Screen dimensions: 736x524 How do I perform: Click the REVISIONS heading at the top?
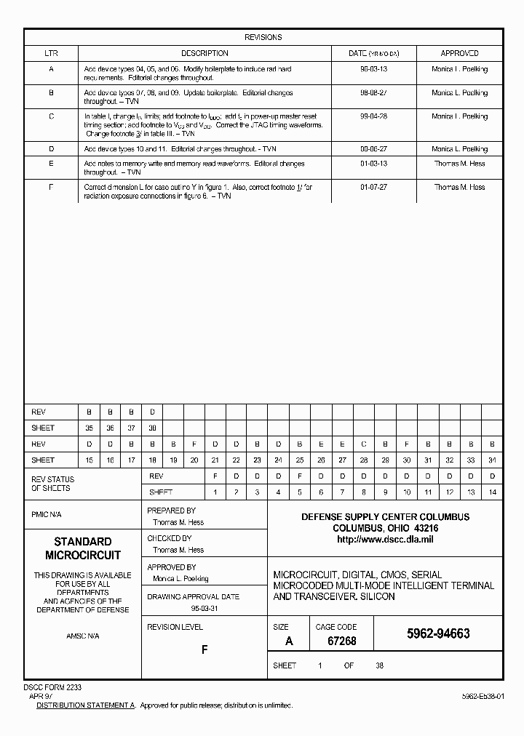[263, 37]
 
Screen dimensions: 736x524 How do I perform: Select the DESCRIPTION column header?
[205, 53]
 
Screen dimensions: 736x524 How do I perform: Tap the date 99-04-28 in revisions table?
[373, 116]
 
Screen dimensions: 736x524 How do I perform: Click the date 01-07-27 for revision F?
[373, 187]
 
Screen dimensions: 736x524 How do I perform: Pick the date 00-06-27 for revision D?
[373, 149]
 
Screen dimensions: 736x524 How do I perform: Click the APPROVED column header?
[459, 53]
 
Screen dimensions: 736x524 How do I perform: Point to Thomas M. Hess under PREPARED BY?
[178, 522]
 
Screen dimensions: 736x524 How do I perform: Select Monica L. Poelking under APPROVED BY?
[180, 579]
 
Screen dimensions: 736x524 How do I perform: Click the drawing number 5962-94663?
[437, 633]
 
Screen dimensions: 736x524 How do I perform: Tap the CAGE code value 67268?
[335, 641]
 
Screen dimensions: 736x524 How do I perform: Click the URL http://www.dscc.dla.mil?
[385, 540]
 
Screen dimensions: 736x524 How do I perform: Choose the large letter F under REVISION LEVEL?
[205, 649]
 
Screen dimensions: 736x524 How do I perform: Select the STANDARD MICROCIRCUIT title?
[82, 548]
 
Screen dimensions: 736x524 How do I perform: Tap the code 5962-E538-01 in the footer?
[483, 696]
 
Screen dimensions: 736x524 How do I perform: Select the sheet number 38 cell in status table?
[152, 428]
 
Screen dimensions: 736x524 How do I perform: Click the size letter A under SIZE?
[289, 641]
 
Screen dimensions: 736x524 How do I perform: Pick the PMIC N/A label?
[47, 514]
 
